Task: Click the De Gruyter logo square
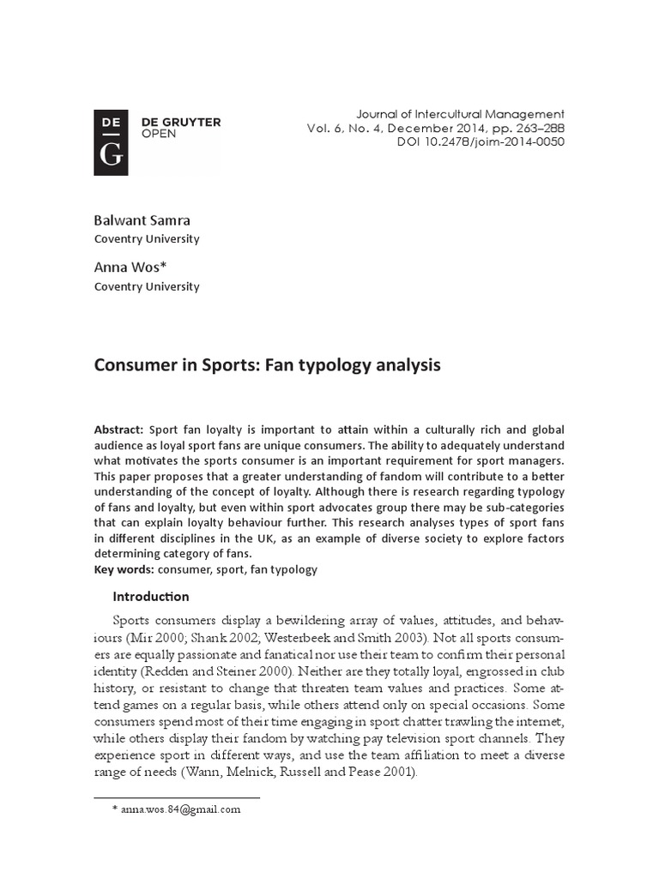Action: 112,142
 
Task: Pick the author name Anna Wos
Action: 132,268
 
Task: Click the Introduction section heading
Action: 151,597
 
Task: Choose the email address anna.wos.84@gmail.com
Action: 181,809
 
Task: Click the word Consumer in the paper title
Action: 130,365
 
